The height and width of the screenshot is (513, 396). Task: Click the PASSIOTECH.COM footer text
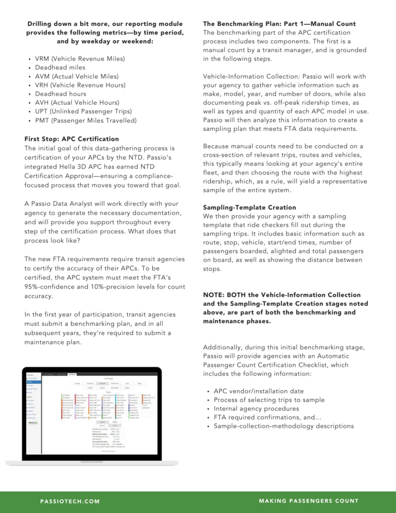click(x=70, y=501)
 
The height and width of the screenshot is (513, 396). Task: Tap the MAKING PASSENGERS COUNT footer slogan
click(x=308, y=501)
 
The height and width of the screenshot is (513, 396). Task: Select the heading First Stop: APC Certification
click(x=72, y=139)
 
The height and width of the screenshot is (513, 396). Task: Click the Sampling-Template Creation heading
click(x=249, y=207)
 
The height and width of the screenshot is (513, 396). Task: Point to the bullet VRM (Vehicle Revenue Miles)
click(x=80, y=59)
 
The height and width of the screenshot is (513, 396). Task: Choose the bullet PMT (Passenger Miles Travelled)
click(x=86, y=121)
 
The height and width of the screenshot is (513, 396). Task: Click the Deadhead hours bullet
click(x=61, y=94)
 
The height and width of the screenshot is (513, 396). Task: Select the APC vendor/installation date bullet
click(x=258, y=391)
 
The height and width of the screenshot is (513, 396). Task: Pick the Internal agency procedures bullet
click(x=256, y=409)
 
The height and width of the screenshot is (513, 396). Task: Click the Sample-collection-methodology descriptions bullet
click(x=283, y=426)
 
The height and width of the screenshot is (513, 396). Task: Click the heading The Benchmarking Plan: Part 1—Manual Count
click(x=279, y=24)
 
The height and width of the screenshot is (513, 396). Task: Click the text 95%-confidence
click(x=49, y=287)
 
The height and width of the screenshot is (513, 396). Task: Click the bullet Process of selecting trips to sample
click(x=269, y=400)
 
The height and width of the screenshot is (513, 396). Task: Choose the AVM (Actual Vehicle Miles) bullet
click(x=77, y=76)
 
